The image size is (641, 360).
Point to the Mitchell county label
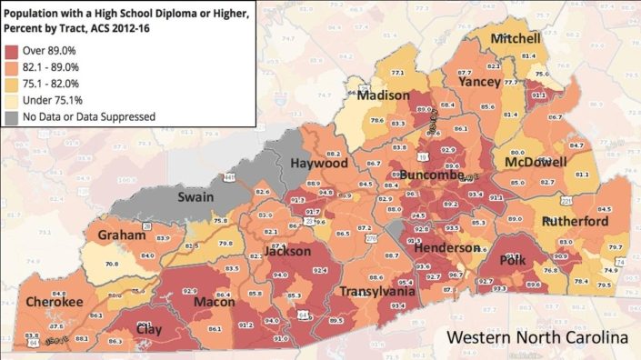click(x=516, y=39)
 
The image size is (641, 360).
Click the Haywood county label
click(x=319, y=164)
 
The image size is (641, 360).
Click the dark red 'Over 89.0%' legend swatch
click(x=14, y=51)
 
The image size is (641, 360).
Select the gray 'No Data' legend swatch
click(x=14, y=116)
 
